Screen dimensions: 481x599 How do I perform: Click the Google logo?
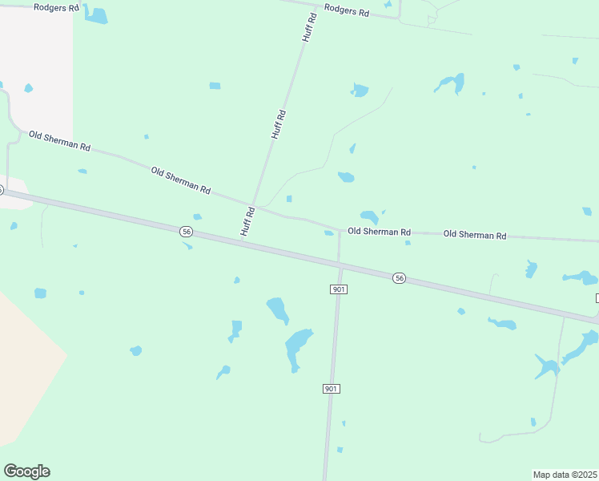[26, 471]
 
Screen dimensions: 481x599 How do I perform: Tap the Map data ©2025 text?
[565, 475]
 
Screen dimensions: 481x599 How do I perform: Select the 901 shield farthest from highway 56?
[332, 389]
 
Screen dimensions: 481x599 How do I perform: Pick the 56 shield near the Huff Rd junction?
[187, 231]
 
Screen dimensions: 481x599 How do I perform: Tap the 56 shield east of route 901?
[400, 277]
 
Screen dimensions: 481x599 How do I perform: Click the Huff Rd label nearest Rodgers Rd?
[308, 27]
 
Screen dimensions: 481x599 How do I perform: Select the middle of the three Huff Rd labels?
[278, 125]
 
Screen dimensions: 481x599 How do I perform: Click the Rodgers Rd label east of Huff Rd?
[347, 11]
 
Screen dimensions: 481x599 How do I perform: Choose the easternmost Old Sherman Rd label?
[475, 235]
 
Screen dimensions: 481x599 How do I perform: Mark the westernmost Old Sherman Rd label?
[59, 142]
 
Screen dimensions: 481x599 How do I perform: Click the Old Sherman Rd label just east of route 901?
[379, 232]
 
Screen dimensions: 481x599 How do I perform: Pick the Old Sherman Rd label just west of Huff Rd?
[180, 180]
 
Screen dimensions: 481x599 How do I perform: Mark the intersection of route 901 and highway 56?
[339, 262]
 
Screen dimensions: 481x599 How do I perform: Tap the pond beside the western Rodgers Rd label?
[97, 15]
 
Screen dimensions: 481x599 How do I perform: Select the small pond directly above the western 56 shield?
[197, 216]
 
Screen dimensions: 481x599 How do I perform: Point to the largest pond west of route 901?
[297, 348]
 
